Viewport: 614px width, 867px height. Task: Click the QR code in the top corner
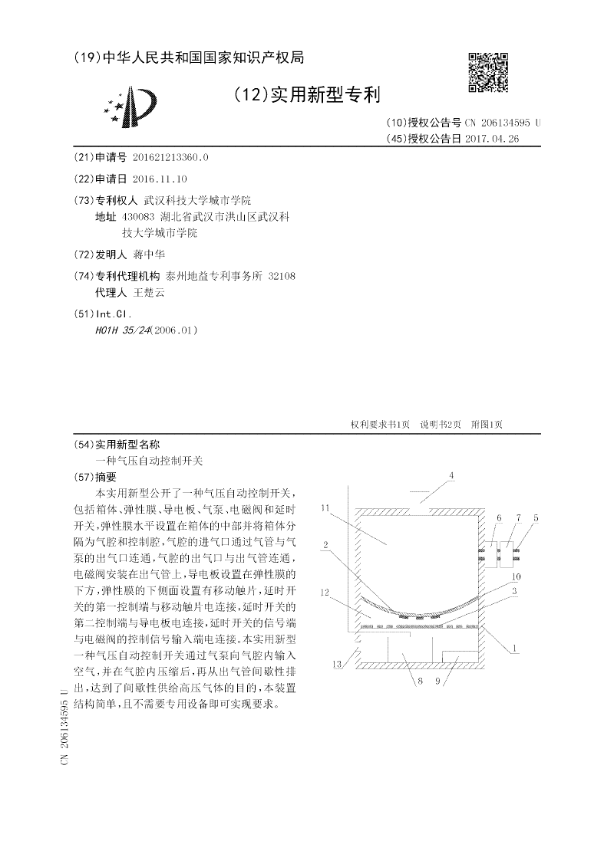[488, 71]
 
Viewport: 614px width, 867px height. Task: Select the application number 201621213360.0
[170, 157]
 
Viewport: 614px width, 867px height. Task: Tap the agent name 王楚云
[149, 292]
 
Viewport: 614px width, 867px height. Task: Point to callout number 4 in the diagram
[451, 476]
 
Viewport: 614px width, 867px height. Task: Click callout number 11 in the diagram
[325, 507]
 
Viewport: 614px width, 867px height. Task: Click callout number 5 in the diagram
[536, 518]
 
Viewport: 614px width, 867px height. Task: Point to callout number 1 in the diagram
[515, 649]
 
